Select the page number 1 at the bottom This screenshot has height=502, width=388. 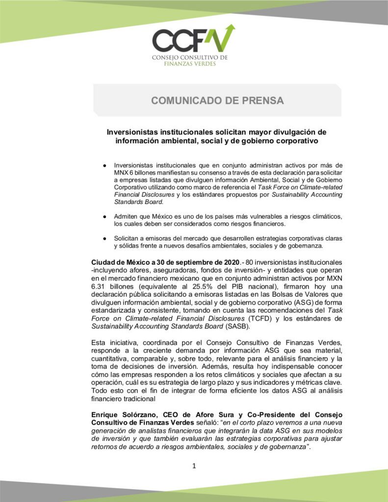tap(194, 466)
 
